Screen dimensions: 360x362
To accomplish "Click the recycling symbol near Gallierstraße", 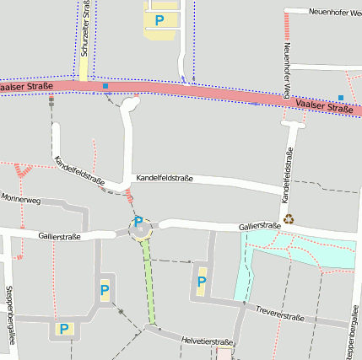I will pos(289,218).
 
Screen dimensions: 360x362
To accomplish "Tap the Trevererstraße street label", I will pos(279,314).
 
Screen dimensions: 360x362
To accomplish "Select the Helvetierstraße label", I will pos(206,341).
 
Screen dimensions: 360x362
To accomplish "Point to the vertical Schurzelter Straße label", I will pos(85,29).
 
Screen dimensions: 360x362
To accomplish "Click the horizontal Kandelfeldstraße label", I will pos(165,179).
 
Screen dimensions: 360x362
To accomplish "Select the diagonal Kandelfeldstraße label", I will pos(78,169).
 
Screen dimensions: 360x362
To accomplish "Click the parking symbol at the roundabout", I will pos(138,222).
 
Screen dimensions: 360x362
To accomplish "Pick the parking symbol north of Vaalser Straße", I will pos(159,20).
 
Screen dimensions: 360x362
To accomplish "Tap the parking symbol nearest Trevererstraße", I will pos(201,282).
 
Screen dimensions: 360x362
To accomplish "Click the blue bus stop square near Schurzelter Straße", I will pos(105,86).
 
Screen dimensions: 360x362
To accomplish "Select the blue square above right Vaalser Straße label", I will pos(341,98).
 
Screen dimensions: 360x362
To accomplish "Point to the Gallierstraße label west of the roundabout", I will pos(59,237).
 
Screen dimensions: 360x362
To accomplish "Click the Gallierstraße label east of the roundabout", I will pos(259,226).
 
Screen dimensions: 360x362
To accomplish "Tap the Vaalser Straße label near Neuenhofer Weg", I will pos(325,106).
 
